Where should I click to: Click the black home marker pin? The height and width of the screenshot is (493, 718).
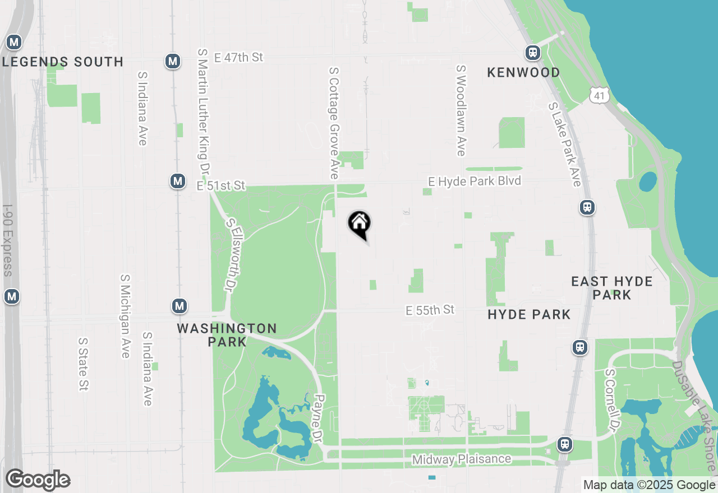coord(359,224)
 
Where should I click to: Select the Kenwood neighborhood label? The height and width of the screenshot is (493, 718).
coord(523,72)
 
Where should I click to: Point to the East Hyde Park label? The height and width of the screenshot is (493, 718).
coord(612,288)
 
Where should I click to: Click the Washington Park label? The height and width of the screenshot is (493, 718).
coord(227,334)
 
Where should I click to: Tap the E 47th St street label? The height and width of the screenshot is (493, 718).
coord(238,58)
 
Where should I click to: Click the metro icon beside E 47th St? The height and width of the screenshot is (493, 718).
coord(173,61)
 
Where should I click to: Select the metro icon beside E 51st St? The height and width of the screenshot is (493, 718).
coord(178,181)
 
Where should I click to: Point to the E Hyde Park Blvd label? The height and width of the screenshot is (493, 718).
coord(475,181)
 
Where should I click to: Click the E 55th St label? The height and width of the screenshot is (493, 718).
coord(430,310)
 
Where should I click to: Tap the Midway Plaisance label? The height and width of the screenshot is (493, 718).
coord(462,459)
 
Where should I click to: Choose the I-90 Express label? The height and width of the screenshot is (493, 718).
coord(7,239)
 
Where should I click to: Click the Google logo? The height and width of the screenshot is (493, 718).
coord(38,480)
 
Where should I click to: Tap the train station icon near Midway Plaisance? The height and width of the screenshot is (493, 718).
coord(564,444)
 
